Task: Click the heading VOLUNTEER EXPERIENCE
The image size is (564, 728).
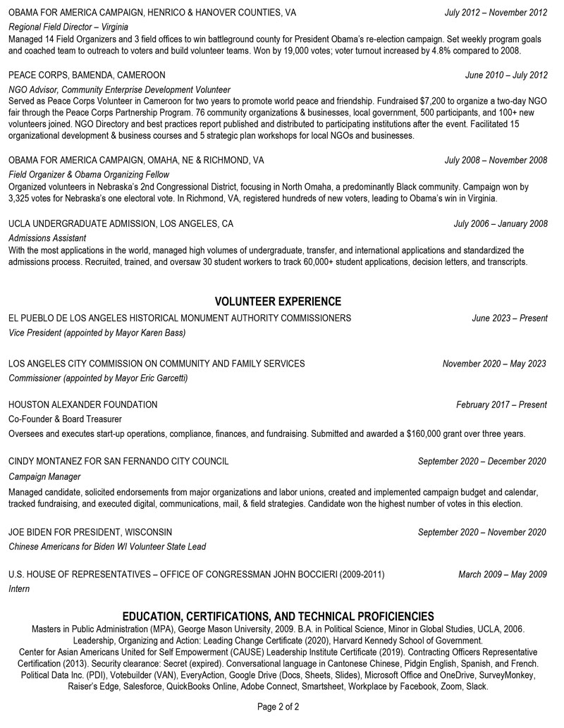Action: (278, 302)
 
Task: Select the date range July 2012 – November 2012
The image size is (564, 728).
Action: (496, 13)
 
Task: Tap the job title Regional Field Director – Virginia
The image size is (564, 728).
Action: (68, 27)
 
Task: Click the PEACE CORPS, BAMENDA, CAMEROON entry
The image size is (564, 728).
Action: (87, 75)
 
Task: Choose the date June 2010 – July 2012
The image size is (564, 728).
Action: (505, 75)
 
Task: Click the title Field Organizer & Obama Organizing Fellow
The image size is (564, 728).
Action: (89, 174)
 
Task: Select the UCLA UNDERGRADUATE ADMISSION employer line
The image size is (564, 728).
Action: (121, 224)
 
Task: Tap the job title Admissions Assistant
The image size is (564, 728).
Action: (47, 238)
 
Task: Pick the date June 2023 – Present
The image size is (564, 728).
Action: (509, 319)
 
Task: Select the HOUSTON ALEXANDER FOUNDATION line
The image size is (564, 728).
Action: (83, 405)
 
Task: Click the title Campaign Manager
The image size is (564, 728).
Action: (44, 477)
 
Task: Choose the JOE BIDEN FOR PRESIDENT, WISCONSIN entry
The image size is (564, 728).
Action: (90, 532)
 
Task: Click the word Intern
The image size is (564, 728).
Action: (19, 588)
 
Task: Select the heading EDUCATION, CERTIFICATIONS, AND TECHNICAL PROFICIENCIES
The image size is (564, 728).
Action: (278, 616)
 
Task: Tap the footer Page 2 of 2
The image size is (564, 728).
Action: (278, 706)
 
